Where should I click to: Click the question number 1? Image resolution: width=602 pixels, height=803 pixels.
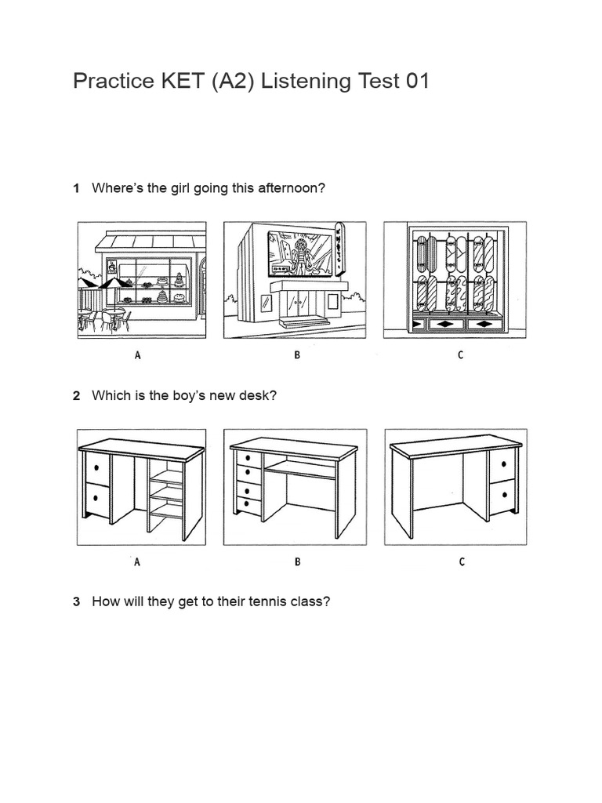(x=77, y=188)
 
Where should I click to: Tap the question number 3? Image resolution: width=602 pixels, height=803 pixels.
(x=77, y=601)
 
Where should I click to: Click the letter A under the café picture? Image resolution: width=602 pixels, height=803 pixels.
(x=138, y=355)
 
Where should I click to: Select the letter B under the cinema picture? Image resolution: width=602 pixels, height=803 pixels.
(x=297, y=355)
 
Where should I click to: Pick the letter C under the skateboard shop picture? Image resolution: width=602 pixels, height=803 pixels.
(x=460, y=355)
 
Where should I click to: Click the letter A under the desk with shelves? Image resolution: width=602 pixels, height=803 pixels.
(x=137, y=561)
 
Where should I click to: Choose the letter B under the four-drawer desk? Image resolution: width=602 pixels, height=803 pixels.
(x=297, y=561)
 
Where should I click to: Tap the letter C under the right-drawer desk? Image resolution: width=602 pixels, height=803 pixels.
(x=462, y=561)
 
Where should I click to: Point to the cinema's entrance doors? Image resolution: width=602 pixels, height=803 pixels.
(x=297, y=303)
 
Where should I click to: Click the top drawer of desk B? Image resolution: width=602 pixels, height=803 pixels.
(x=248, y=457)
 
